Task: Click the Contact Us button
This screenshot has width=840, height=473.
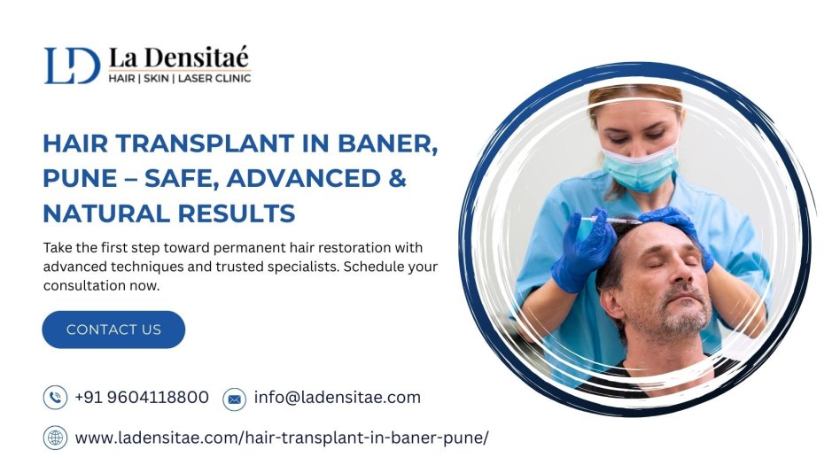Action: pyautogui.click(x=113, y=330)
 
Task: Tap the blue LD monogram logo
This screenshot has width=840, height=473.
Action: pyautogui.click(x=72, y=66)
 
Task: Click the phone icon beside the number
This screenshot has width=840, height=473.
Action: pyautogui.click(x=55, y=398)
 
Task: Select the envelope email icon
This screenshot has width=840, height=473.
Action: pyautogui.click(x=234, y=399)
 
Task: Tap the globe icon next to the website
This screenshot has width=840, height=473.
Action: pyautogui.click(x=55, y=438)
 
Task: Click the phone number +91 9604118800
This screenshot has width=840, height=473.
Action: pyautogui.click(x=142, y=398)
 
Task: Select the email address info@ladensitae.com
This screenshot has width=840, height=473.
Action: pyautogui.click(x=338, y=398)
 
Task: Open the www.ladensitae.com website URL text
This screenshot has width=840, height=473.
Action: pyautogui.click(x=282, y=438)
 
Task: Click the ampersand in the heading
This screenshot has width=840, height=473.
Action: pyautogui.click(x=397, y=178)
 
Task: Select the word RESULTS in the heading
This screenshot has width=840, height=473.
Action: pyautogui.click(x=237, y=213)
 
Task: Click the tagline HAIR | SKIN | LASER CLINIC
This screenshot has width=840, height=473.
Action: pyautogui.click(x=180, y=78)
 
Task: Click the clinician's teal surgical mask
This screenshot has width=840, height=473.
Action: pyautogui.click(x=640, y=167)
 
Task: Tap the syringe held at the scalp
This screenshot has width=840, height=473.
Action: pyautogui.click(x=611, y=220)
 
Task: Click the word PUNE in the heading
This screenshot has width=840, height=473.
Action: pyautogui.click(x=80, y=178)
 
